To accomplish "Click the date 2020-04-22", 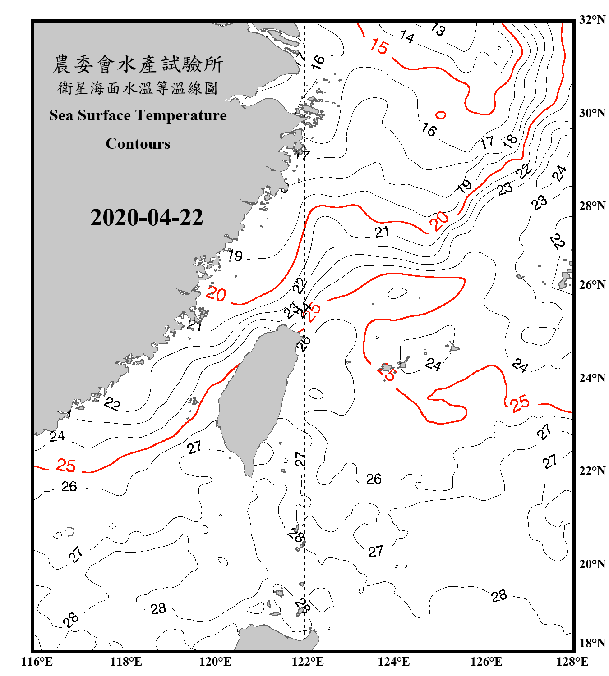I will click(x=147, y=218).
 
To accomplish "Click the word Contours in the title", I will click(x=138, y=144).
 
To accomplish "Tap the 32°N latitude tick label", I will click(x=592, y=20).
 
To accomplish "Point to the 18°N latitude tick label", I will click(x=592, y=643).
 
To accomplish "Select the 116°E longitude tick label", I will click(x=37, y=662).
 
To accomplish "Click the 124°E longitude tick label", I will click(x=394, y=662).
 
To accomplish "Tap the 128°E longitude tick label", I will click(x=572, y=662).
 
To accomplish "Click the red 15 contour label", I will click(x=379, y=46).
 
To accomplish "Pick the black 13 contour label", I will click(x=438, y=29).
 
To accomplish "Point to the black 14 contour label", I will click(x=407, y=37).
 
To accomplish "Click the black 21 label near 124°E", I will click(x=382, y=232).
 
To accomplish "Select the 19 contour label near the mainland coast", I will click(x=235, y=256).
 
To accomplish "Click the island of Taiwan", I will click(x=255, y=397).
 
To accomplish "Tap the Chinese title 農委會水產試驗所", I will click(x=138, y=64).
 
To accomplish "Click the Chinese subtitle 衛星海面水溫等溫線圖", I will click(x=138, y=88).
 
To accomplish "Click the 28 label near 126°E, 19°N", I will click(x=499, y=596).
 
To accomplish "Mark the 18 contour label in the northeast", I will click(x=510, y=141).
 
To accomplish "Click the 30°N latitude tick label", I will click(x=592, y=113).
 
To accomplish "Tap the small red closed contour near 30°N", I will click(x=441, y=115).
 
